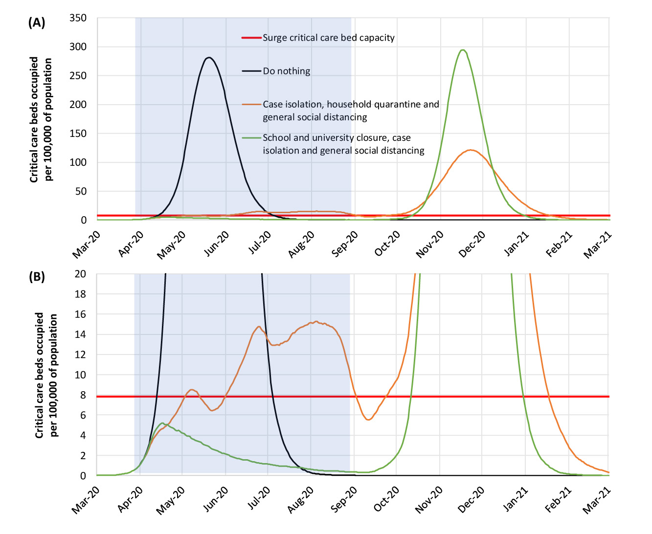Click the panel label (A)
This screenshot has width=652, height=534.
pyautogui.click(x=37, y=22)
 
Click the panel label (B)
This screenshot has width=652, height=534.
pyautogui.click(x=37, y=277)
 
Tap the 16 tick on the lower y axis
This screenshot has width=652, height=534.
pyautogui.click(x=80, y=314)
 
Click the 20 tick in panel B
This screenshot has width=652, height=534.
pyautogui.click(x=80, y=274)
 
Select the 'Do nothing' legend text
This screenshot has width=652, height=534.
pyautogui.click(x=287, y=71)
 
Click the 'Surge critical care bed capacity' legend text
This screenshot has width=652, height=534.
pyautogui.click(x=329, y=38)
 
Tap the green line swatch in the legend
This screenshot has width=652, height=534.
pyautogui.click(x=251, y=138)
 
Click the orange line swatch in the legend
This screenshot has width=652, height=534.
pyautogui.click(x=251, y=104)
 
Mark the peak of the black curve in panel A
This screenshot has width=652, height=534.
pyautogui.click(x=209, y=58)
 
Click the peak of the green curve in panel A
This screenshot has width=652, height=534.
pyautogui.click(x=462, y=50)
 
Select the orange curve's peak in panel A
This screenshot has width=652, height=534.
pyautogui.click(x=471, y=150)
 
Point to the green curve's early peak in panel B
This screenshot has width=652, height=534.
pyautogui.click(x=162, y=423)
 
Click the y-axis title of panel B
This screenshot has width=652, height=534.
pyautogui.click(x=46, y=375)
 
